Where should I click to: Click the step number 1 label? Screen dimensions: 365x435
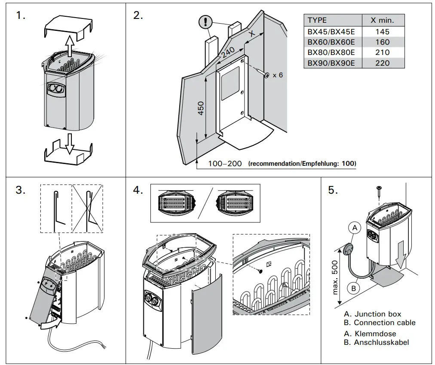click(x=20, y=16)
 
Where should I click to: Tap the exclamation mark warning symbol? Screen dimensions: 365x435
click(x=207, y=21)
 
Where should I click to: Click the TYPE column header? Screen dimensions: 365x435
click(x=317, y=20)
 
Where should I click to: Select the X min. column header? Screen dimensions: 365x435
click(x=382, y=20)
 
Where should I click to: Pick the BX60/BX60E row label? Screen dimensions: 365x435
click(x=331, y=42)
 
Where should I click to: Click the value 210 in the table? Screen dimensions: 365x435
click(x=382, y=52)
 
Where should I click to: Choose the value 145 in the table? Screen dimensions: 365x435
click(x=382, y=31)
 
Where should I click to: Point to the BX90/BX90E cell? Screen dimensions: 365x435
click(x=331, y=63)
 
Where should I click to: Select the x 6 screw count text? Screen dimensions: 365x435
click(x=278, y=75)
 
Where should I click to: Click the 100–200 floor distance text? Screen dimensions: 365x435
click(x=225, y=164)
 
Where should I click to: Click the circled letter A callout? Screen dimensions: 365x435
click(x=355, y=228)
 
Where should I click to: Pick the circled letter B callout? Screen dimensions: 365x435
click(x=354, y=289)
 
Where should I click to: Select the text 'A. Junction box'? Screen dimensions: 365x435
click(x=373, y=314)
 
